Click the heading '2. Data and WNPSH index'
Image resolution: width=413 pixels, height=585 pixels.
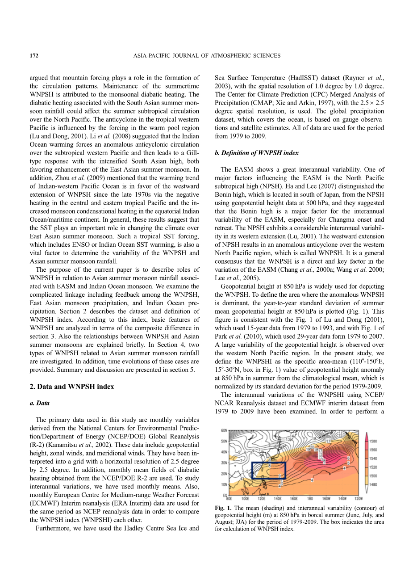click(x=71, y=387)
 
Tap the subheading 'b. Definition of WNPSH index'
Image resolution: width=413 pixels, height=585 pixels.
click(x=257, y=153)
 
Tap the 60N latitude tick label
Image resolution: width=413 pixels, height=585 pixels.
click(x=224, y=430)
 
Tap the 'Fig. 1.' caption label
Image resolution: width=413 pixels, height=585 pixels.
click(x=223, y=508)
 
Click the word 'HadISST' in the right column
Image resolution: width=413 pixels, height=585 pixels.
click(x=320, y=78)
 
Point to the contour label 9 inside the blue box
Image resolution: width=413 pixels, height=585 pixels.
click(x=280, y=476)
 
